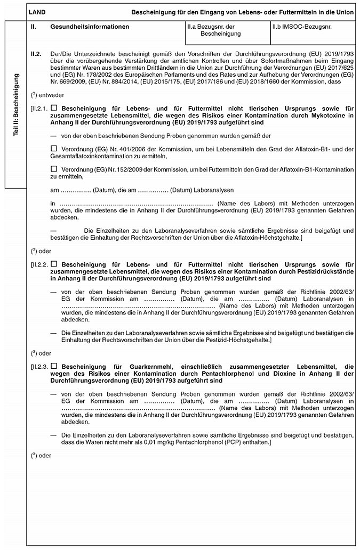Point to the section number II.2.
click(37, 54)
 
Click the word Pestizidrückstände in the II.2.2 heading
click(324, 271)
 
